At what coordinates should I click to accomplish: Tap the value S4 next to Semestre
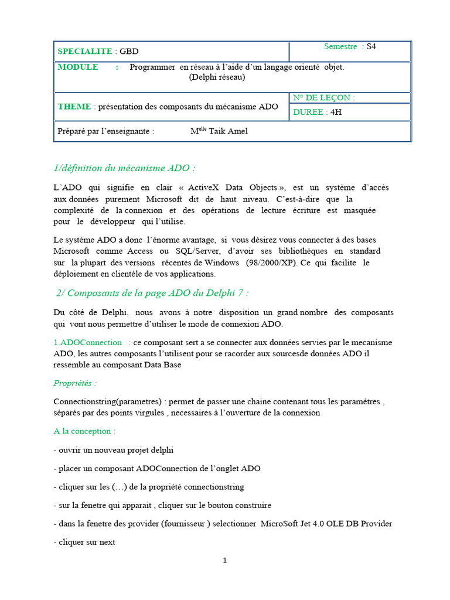[x=371, y=46]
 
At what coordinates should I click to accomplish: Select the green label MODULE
[x=78, y=67]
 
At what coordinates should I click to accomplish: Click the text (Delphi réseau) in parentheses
[x=217, y=77]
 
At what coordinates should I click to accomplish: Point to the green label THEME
[x=74, y=106]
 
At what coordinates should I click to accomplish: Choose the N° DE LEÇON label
[x=324, y=98]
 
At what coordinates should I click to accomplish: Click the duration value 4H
[x=336, y=112]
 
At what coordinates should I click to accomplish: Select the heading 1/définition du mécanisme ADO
[x=124, y=168]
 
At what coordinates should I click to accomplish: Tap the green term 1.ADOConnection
[x=88, y=342]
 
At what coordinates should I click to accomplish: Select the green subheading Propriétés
[x=75, y=383]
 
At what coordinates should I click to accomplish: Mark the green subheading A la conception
[x=84, y=431]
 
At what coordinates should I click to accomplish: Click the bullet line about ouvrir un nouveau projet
[x=114, y=449]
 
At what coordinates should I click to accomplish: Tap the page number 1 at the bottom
[x=225, y=561]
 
